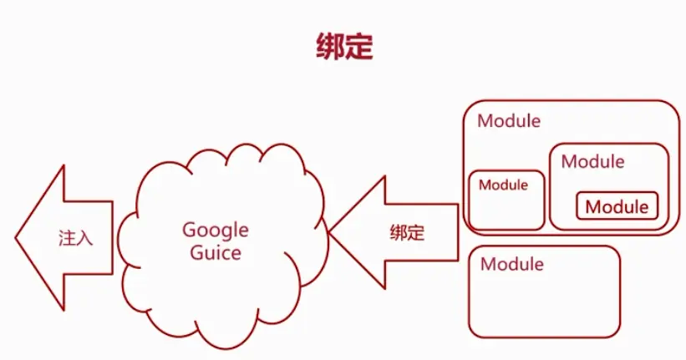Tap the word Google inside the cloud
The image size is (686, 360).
tap(216, 229)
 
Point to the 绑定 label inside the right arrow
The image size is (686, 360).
tap(407, 233)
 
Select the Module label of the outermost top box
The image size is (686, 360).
tap(509, 120)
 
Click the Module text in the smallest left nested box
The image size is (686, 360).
tap(503, 185)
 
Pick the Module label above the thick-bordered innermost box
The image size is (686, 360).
tap(592, 161)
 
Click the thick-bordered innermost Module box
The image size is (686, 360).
tap(617, 206)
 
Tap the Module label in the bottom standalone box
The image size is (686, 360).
tap(511, 265)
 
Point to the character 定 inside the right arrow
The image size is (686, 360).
tap(416, 233)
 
